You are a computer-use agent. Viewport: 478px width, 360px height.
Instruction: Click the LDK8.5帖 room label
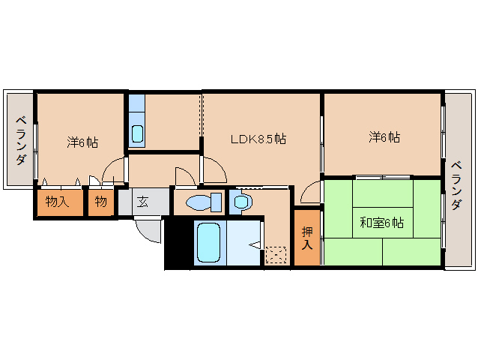[x=257, y=139]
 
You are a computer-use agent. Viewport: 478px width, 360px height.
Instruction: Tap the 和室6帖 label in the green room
[x=381, y=223]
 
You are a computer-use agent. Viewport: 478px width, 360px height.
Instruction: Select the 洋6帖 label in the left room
[x=82, y=140]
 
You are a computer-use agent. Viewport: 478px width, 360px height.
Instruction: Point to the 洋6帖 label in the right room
[x=384, y=138]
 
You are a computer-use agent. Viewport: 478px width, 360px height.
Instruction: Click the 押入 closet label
[x=307, y=238]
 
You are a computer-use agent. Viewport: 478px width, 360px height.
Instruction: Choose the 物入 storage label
[x=57, y=202]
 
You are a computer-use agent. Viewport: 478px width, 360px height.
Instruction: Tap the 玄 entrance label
[x=143, y=202]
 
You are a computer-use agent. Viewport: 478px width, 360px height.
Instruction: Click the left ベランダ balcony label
[x=21, y=141]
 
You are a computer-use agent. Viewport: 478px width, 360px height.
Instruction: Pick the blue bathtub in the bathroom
[x=209, y=241]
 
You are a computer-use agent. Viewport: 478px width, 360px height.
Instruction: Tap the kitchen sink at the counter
[x=137, y=133]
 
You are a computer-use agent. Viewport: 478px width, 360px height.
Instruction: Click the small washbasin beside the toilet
[x=240, y=200]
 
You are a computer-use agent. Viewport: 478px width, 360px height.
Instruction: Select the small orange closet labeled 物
[x=100, y=202]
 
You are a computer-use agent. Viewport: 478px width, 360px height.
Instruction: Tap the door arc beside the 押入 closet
[x=309, y=193]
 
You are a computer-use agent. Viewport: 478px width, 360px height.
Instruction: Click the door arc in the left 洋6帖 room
[x=112, y=170]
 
